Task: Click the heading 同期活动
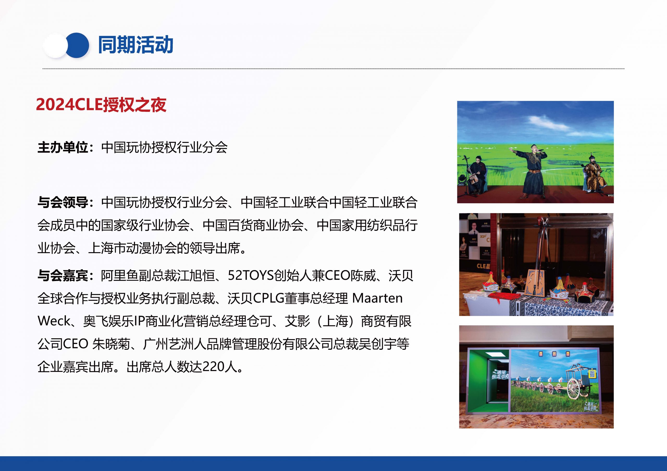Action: click(136, 45)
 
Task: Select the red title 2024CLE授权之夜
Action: click(101, 105)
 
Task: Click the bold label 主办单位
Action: click(63, 148)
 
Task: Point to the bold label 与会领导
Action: click(63, 202)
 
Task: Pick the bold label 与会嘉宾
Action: click(63, 275)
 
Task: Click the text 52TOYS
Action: click(251, 275)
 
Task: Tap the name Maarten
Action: click(377, 298)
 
